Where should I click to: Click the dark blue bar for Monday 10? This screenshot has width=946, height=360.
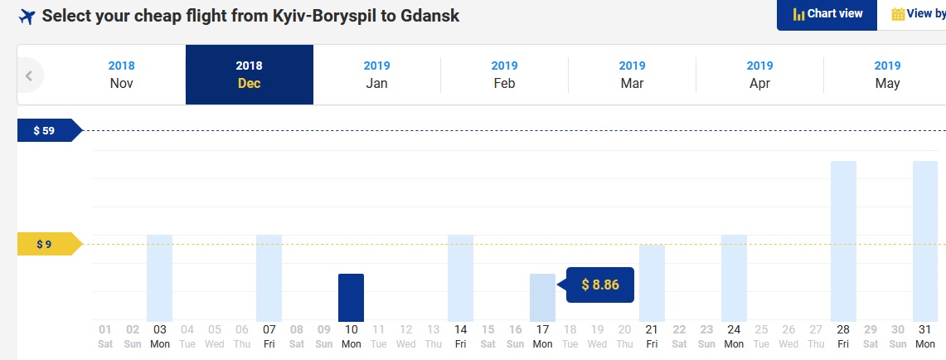[x=352, y=298]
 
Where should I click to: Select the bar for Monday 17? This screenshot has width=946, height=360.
[x=542, y=298]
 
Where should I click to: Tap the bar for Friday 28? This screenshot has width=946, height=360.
[x=843, y=241]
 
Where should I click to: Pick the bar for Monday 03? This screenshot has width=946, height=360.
[x=160, y=279]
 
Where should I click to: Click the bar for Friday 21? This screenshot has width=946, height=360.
[x=652, y=284]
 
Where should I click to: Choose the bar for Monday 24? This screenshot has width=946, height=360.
[x=735, y=279]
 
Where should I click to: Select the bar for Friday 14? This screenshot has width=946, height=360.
[x=460, y=279]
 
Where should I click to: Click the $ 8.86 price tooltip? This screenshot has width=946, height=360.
[x=599, y=285]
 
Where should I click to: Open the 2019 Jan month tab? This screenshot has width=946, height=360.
[x=376, y=75]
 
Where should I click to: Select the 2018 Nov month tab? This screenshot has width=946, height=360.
[x=121, y=75]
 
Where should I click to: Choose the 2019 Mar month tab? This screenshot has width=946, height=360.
[x=633, y=75]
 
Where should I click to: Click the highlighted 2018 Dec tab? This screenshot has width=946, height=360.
[x=250, y=75]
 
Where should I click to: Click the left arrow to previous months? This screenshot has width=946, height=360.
[x=29, y=75]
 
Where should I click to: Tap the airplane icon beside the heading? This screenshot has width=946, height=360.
[x=27, y=17]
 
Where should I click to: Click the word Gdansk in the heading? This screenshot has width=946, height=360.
[x=429, y=16]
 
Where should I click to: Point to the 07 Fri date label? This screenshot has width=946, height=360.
[x=269, y=337]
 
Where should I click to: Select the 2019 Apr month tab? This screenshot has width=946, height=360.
[x=759, y=75]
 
